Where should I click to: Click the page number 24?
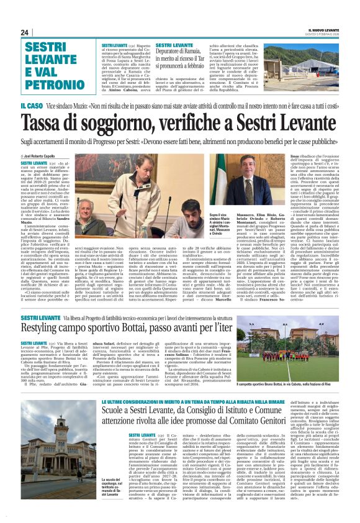click(24, 32)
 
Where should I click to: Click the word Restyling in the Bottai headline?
click(49, 327)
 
